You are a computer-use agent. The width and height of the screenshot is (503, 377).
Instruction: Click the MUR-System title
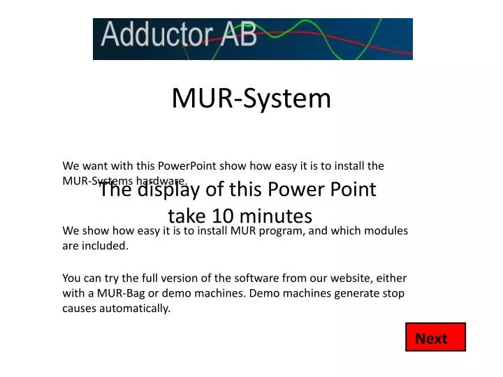tap(251, 98)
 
